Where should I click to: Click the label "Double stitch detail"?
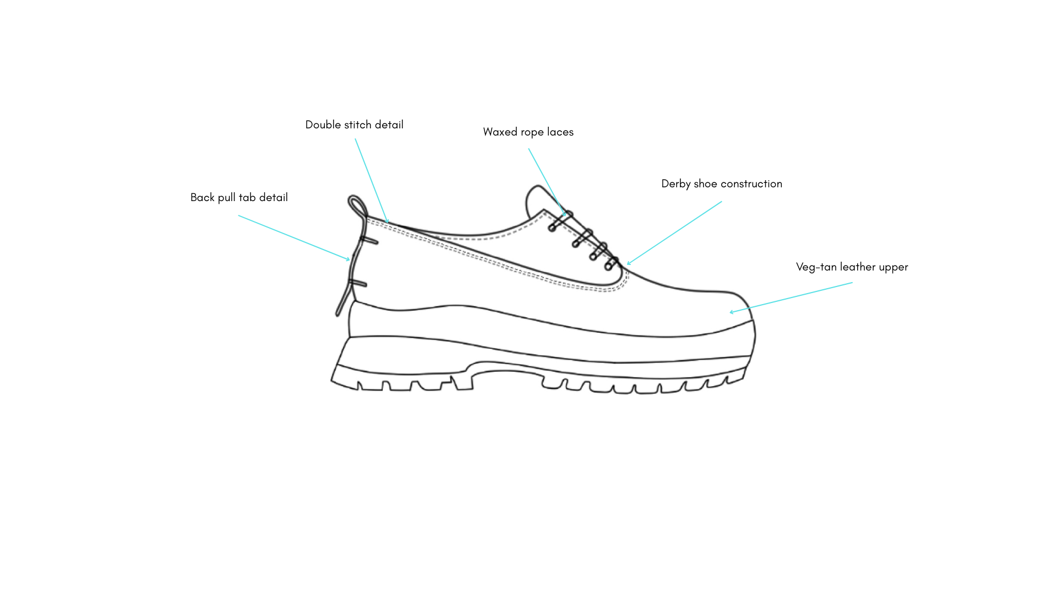click(x=354, y=125)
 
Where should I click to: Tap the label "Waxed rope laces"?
click(x=528, y=132)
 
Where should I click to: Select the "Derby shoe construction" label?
click(x=721, y=184)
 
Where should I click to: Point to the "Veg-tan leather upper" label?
click(x=852, y=267)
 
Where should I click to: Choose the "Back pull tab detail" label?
click(x=239, y=198)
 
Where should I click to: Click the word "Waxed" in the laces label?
click(x=500, y=132)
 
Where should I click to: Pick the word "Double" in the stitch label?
click(x=323, y=125)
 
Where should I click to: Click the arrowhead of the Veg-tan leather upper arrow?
click(x=732, y=312)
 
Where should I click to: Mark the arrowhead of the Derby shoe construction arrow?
click(x=629, y=263)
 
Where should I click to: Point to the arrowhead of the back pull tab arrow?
click(x=348, y=259)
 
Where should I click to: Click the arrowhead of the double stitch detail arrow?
click(x=388, y=222)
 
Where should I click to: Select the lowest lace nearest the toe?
click(x=612, y=263)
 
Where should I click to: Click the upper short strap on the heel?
click(x=369, y=240)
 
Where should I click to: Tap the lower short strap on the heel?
click(x=358, y=283)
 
